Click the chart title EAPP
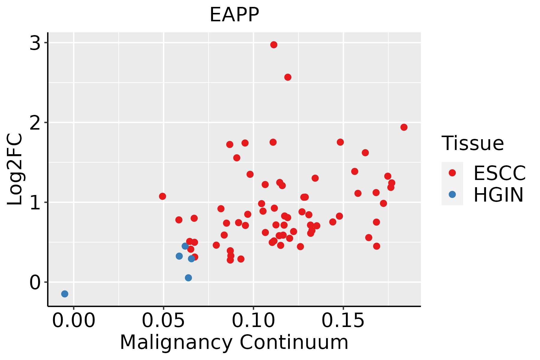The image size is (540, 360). [234, 15]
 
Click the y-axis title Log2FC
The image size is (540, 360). [15, 169]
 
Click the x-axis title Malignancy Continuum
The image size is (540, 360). [234, 342]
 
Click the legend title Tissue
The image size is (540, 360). [473, 143]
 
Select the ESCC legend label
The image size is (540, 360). [499, 173]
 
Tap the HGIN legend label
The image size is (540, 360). [498, 195]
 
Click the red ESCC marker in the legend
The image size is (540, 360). [452, 173]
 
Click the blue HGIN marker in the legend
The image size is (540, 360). [452, 194]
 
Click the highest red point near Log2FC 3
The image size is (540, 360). [274, 45]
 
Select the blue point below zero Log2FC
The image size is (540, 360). [64, 294]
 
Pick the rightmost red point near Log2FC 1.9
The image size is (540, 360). [404, 127]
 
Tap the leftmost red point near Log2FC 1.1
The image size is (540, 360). [162, 196]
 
